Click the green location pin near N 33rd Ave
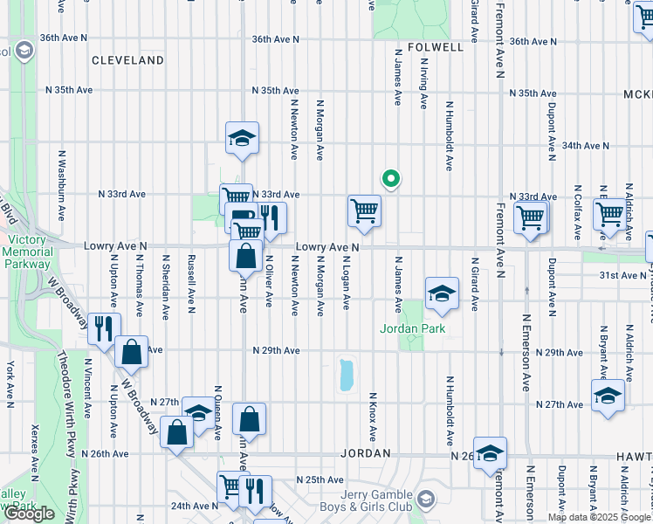(x=391, y=179)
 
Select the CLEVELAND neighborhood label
(x=128, y=60)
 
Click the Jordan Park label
(x=412, y=329)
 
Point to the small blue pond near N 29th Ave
(x=345, y=374)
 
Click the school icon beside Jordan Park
(x=442, y=294)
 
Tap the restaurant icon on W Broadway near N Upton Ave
(x=103, y=327)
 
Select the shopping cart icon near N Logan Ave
(x=364, y=210)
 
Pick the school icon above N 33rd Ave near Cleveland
(x=242, y=137)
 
